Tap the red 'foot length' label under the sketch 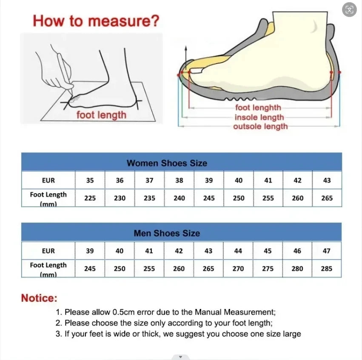[101, 115]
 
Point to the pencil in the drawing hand [66, 72]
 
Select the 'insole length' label [259, 117]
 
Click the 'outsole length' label [260, 126]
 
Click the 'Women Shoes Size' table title [167, 163]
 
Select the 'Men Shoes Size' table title [167, 233]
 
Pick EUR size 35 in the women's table [90, 180]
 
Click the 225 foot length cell [90, 198]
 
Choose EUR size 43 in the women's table [327, 180]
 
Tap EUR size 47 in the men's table [327, 251]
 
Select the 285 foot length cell [327, 269]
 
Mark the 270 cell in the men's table [238, 269]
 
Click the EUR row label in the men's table [48, 251]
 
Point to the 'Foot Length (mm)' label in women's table [48, 198]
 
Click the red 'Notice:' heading [39, 298]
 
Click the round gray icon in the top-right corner [349, 10]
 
